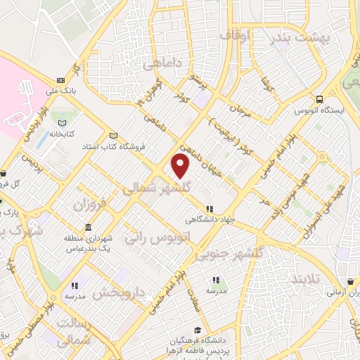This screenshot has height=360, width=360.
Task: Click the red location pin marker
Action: (181, 166)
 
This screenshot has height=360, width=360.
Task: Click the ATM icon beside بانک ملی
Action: (61, 79)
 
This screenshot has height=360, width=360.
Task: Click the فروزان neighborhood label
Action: (88, 205)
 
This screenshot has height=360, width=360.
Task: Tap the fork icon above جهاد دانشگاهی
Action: (210, 209)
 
